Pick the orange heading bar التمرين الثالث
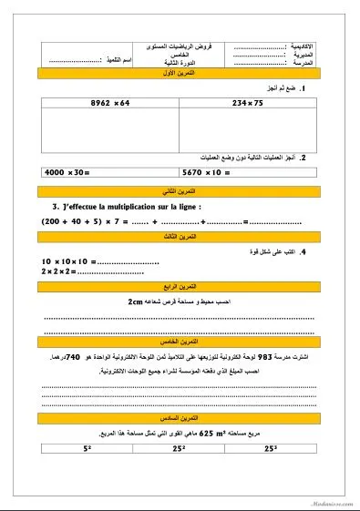[x=180, y=236]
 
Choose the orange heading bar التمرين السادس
[x=180, y=416]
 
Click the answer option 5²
[x=87, y=448]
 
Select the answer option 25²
[x=180, y=448]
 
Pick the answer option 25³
[x=272, y=448]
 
